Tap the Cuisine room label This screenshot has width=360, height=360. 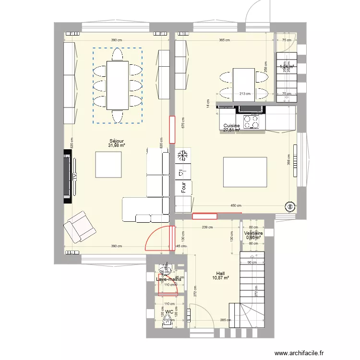click(x=231, y=126)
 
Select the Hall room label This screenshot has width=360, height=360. click(x=220, y=274)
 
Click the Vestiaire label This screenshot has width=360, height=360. click(x=253, y=233)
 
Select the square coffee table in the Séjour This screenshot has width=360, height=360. click(x=112, y=164)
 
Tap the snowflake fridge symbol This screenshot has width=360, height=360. click(x=183, y=156)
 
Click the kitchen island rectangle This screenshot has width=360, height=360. click(x=245, y=172)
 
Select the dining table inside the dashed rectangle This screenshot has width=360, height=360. click(x=118, y=85)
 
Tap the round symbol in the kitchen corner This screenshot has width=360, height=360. click(x=290, y=207)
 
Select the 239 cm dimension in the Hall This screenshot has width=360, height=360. click(x=207, y=228)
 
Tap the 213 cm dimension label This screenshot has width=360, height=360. click(x=245, y=94)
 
